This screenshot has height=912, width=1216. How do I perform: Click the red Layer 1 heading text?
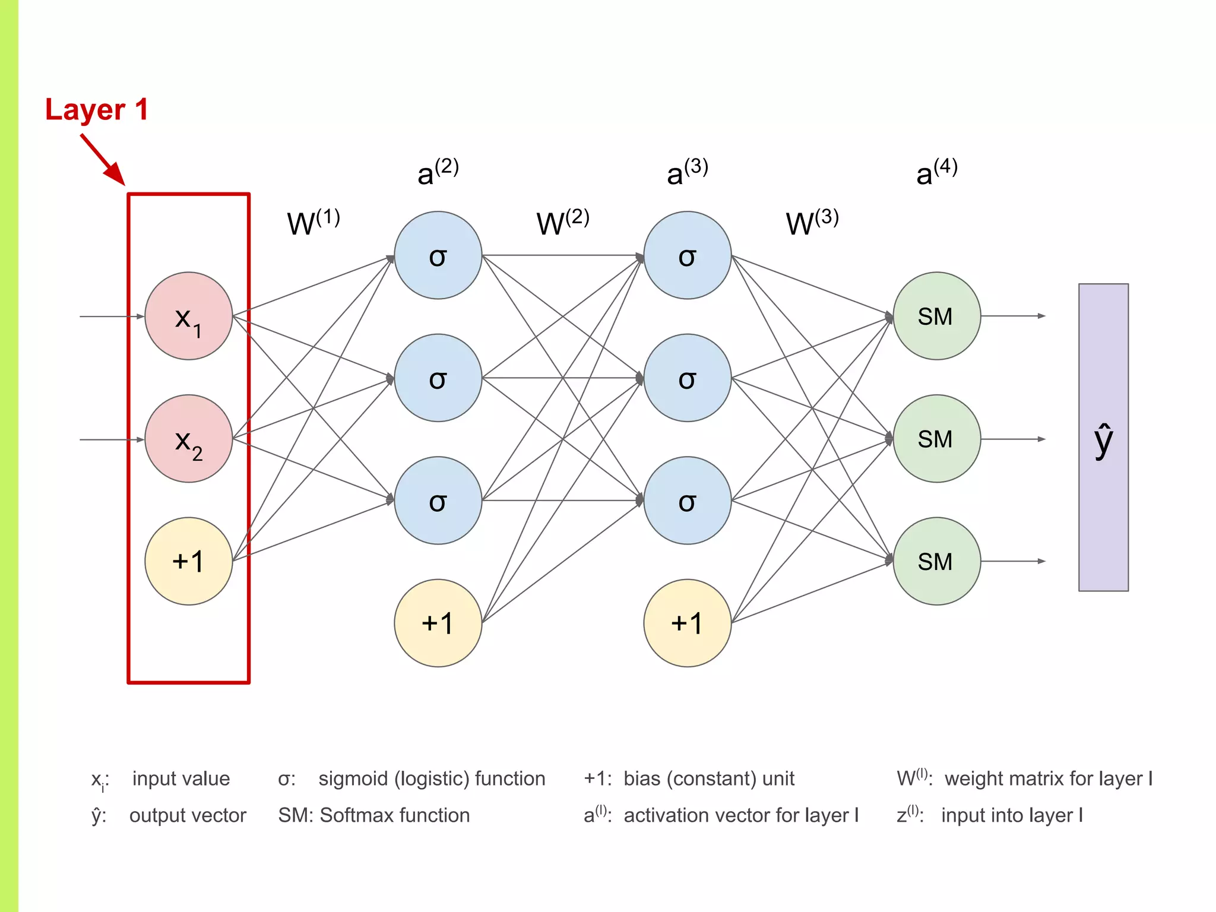pos(97,110)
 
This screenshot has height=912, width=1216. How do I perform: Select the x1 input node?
pos(188,316)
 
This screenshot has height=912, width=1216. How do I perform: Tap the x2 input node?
pos(188,439)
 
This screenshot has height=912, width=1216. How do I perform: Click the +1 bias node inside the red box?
pos(188,562)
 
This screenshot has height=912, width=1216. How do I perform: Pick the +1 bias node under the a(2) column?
pos(438,623)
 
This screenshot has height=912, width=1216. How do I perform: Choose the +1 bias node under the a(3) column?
pos(687,623)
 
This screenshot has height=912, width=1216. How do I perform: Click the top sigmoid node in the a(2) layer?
pos(438,256)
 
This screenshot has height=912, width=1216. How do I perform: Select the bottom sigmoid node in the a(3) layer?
pos(687,501)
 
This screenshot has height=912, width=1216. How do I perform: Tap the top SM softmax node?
pos(936,316)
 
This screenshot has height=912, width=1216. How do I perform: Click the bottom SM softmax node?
pos(936,562)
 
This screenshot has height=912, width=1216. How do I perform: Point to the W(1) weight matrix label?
pos(313,223)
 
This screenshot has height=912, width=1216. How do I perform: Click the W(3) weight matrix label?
pos(812,223)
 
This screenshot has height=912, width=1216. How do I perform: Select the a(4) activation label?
pos(936,172)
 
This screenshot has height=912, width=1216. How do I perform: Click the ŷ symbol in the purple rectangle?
pos(1103,441)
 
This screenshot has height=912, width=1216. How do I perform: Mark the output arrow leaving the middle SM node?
pos(1013,439)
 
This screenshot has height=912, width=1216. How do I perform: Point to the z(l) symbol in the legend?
pos(909,815)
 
